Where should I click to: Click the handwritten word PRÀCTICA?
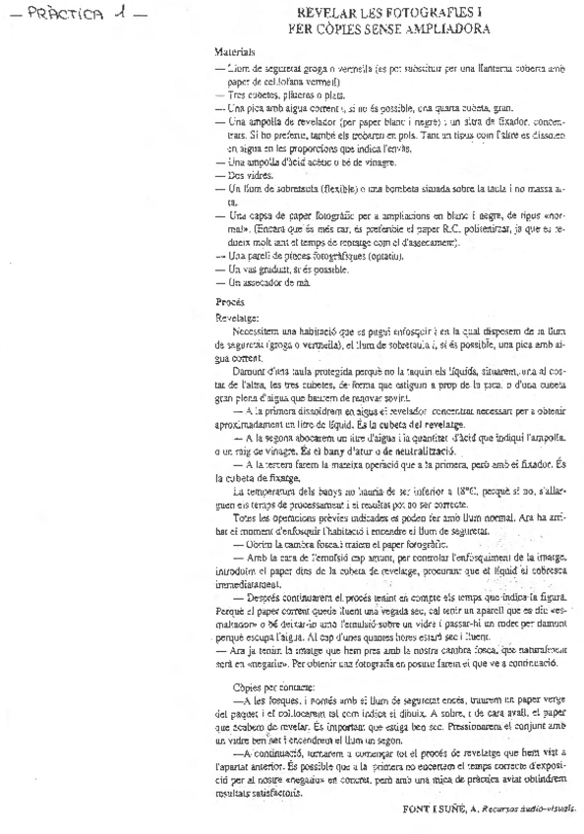point(58,14)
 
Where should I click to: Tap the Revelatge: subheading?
point(234,319)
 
